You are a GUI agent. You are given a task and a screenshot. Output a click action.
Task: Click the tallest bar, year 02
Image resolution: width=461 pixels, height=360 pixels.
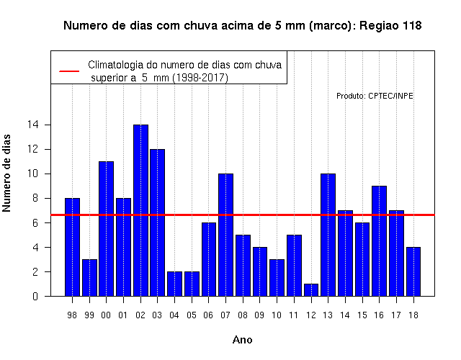[140, 210]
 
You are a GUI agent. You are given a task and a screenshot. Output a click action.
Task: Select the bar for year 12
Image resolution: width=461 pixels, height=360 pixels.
[311, 290]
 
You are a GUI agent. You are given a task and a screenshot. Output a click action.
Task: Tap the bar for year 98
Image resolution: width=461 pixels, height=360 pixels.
[72, 247]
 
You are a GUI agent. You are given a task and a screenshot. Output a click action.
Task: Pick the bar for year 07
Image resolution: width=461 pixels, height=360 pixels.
[225, 235]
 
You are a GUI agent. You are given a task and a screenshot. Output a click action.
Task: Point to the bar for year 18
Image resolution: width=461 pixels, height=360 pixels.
[413, 271]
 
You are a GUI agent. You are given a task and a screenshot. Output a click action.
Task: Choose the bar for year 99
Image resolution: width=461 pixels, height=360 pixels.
[89, 278]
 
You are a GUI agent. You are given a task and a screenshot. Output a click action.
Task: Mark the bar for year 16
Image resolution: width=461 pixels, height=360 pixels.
[380, 241]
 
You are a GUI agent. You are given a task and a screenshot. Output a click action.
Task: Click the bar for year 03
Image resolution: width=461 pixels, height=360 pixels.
[158, 222]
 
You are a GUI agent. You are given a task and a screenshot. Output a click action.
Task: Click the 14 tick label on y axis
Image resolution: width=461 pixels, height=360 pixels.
[33, 125]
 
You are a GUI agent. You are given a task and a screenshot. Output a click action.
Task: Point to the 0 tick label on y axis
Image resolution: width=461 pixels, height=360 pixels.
[35, 296]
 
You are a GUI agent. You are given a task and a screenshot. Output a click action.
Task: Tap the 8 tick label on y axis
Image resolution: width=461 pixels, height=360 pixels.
[35, 198]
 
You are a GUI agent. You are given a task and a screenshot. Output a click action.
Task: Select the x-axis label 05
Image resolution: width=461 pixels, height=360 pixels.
[192, 315]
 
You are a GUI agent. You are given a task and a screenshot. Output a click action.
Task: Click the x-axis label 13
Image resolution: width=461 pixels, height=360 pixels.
[328, 315]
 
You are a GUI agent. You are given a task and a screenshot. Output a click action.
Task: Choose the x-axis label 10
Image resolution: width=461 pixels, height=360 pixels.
[277, 315]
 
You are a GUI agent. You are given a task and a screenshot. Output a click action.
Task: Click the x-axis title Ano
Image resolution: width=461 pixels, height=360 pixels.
[242, 340]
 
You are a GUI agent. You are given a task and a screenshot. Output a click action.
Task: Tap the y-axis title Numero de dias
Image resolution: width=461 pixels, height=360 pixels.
[6, 174]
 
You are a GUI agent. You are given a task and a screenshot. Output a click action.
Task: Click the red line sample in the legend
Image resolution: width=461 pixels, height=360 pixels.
[69, 71]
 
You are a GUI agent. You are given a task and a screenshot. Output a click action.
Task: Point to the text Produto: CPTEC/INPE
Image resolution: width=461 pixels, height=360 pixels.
[375, 96]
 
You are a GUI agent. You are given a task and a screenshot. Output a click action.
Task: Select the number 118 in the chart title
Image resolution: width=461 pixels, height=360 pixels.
[411, 26]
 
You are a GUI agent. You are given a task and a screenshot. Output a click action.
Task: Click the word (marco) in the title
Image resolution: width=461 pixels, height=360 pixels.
[332, 26]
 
